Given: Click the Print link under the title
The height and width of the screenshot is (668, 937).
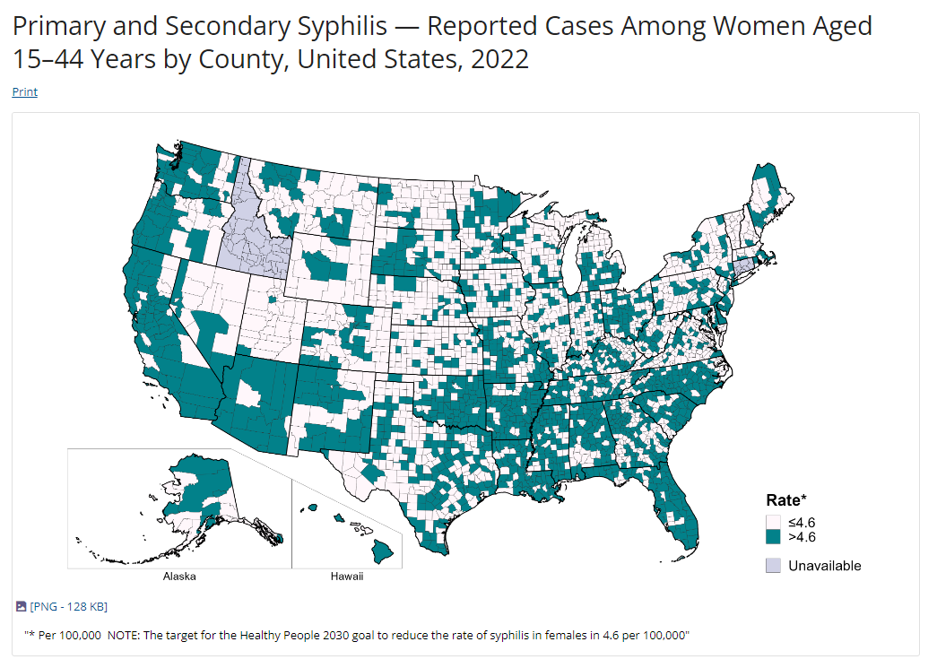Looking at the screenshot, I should coord(25,91).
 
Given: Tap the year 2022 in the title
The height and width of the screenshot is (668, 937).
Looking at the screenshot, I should coord(496,59).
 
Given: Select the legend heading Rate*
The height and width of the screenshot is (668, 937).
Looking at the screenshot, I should coord(786,500).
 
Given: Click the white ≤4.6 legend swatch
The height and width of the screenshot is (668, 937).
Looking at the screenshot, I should coord(773,522).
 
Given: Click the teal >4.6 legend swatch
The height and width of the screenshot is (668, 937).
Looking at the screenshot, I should coord(773,537).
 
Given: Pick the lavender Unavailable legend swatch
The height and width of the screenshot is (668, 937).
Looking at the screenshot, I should coord(773,566).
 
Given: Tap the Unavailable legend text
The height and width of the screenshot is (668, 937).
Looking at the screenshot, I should coord(824,566).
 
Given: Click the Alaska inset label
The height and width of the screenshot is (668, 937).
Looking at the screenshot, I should coord(179,577).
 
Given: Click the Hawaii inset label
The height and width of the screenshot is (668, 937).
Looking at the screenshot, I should coord(347,577).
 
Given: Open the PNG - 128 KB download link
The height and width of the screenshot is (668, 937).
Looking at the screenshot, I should coord(68,607).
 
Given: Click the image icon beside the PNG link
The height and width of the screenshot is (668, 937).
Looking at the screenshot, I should coord(22,607).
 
